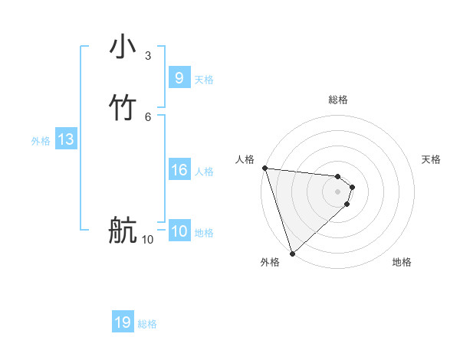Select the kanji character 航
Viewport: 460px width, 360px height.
[x=123, y=231]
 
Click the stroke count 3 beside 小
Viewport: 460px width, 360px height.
[x=147, y=55]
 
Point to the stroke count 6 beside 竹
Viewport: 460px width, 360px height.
[x=147, y=116]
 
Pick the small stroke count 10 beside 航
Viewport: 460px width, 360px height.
[x=147, y=240]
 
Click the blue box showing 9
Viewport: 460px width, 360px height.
[x=179, y=78]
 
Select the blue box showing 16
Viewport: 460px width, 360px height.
[x=179, y=170]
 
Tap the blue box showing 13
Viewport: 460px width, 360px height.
[x=66, y=139]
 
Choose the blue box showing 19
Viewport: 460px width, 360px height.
[x=123, y=322]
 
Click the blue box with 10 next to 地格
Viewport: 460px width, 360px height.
[x=179, y=231]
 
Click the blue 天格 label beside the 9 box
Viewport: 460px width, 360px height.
[x=204, y=80]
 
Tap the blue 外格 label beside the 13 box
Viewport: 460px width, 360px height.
[x=41, y=141]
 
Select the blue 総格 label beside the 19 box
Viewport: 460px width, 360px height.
[x=147, y=324]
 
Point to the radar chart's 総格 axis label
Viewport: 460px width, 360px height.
[x=337, y=100]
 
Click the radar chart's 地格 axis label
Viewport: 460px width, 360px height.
[x=402, y=262]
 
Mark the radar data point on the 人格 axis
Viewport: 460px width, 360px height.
[x=264, y=168]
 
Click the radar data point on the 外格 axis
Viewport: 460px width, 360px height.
[x=292, y=253]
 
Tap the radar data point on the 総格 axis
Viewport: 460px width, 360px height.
[x=337, y=174]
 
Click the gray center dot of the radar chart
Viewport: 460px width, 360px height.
[x=337, y=191]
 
